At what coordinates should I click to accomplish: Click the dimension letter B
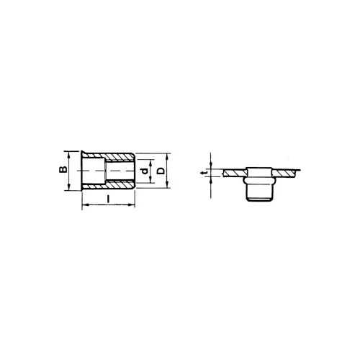(x=63, y=169)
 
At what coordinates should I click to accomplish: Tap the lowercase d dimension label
(x=144, y=171)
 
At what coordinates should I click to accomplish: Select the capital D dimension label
(x=161, y=171)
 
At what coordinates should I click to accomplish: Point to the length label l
(x=108, y=199)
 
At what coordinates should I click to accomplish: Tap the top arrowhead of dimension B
(x=69, y=155)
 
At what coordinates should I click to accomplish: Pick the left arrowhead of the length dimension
(x=85, y=204)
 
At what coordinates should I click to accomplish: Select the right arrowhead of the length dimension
(x=132, y=204)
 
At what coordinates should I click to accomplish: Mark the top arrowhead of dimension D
(x=168, y=156)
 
